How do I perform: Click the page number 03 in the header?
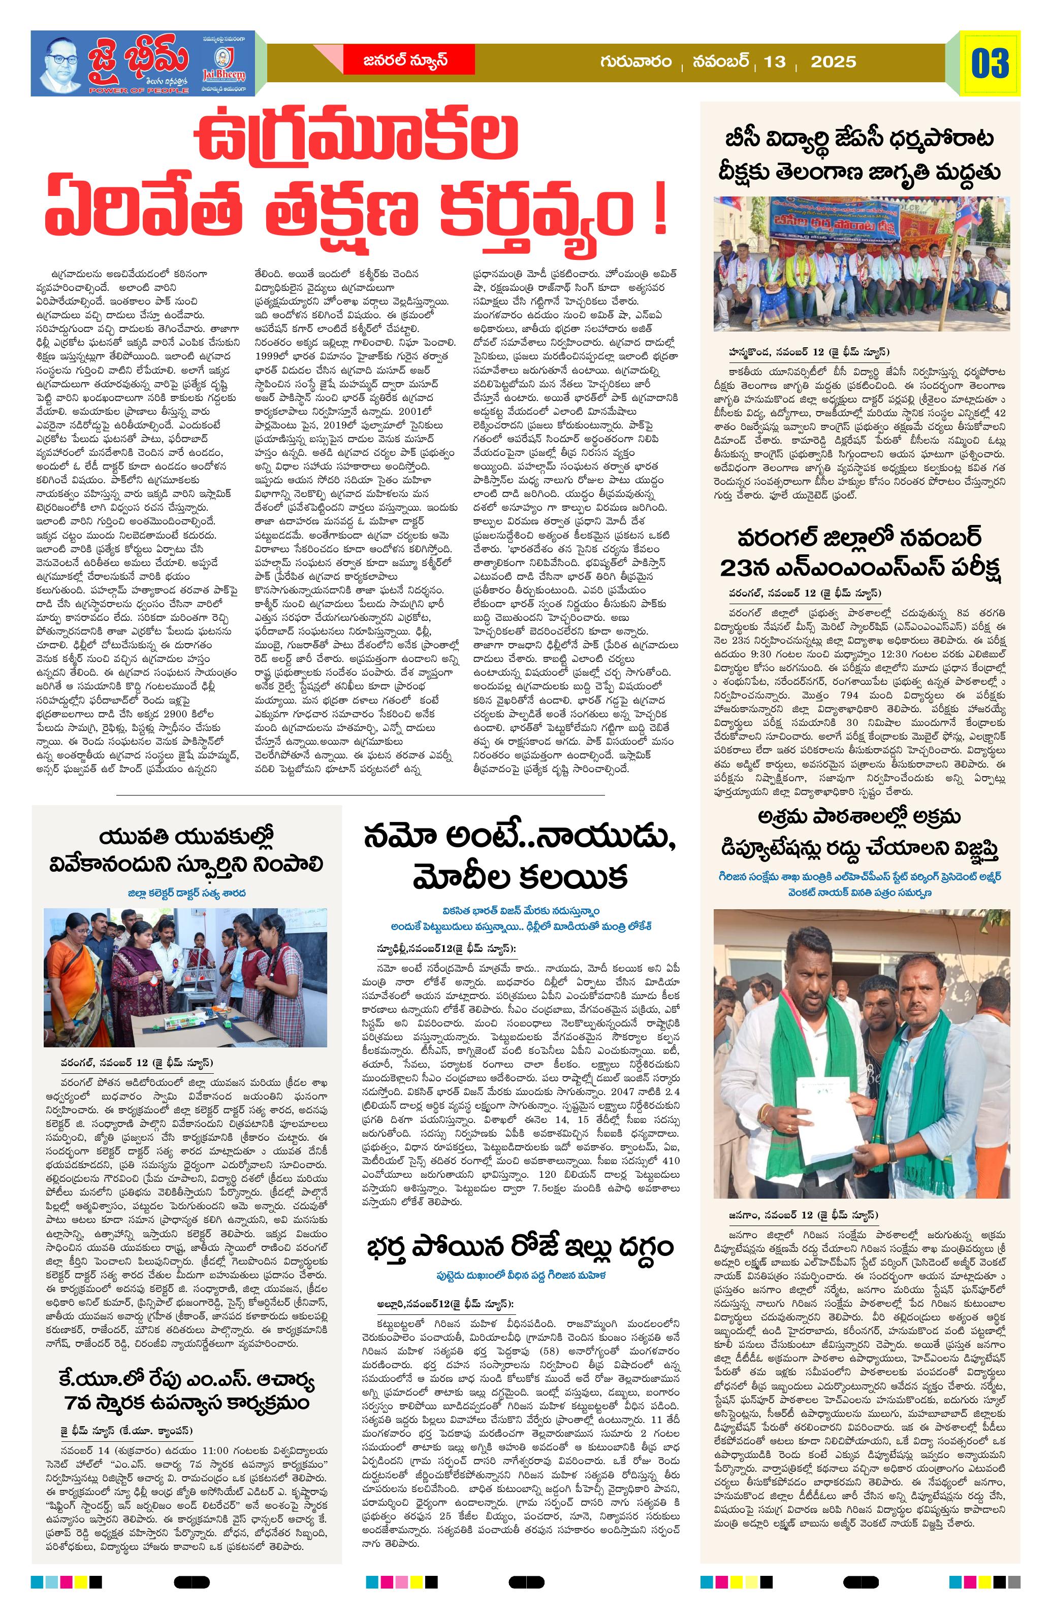tap(990, 63)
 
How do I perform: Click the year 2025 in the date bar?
tap(833, 62)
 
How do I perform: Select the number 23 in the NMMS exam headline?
tap(745, 567)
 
